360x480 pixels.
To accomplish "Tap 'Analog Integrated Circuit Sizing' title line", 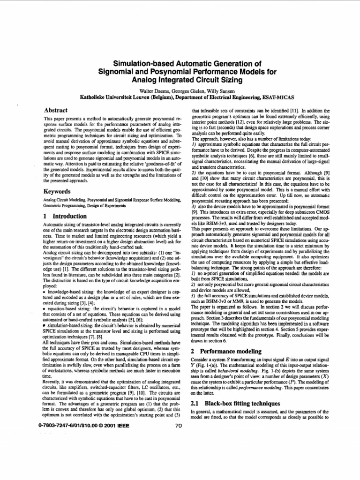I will pos(180,80).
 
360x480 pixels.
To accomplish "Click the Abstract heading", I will pos(55,110).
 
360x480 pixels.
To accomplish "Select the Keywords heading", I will pos(57,192).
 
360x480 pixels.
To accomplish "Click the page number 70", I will pos(178,426).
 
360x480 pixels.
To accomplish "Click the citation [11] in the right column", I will pos(279,110).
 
